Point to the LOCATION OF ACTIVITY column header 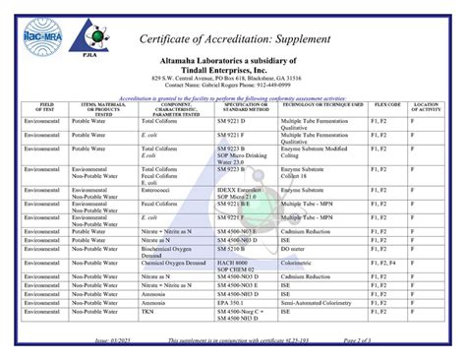[x=425, y=106]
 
